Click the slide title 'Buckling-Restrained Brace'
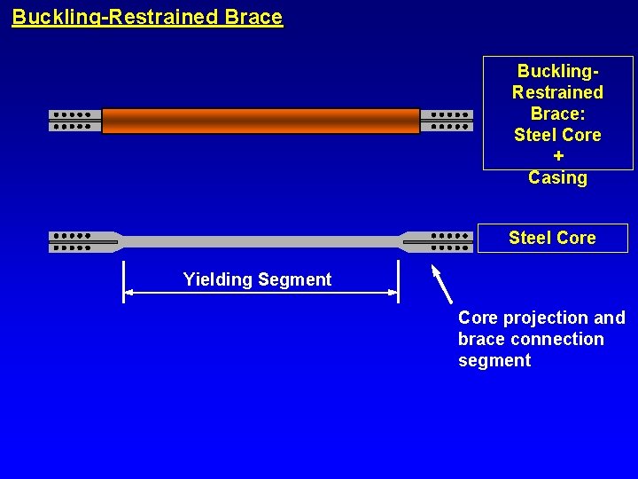click(147, 17)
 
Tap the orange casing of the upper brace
click(261, 121)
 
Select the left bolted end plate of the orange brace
click(74, 121)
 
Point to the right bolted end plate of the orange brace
click(446, 121)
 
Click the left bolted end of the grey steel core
click(82, 242)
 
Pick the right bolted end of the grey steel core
click(439, 242)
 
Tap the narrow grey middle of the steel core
click(261, 241)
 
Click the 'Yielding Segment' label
click(257, 280)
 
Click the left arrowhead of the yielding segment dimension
click(128, 292)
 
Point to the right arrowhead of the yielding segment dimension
click(393, 292)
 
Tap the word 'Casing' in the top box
click(557, 177)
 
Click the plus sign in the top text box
click(557, 156)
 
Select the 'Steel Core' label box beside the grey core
click(552, 238)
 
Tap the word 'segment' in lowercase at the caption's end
click(494, 360)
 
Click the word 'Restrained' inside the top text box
click(557, 92)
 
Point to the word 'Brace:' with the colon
click(557, 114)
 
